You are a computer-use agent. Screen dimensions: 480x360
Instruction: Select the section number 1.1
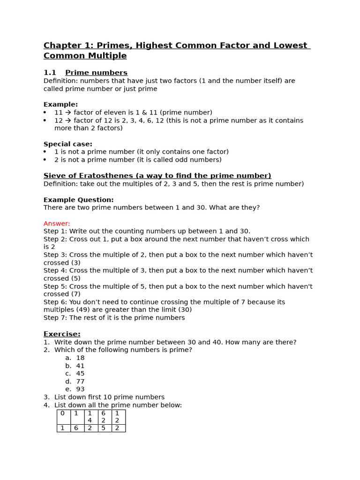tap(50, 73)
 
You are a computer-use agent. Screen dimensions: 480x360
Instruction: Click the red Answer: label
tap(57, 224)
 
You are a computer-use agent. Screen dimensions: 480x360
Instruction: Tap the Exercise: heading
tap(62, 334)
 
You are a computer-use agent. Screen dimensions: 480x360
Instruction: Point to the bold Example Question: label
tap(78, 200)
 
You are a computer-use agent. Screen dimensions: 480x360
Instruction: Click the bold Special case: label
tap(68, 144)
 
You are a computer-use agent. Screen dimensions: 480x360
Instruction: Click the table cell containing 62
tap(104, 417)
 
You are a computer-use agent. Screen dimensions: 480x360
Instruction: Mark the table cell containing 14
tap(90, 417)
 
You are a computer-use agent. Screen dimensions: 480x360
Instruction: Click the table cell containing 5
tap(104, 428)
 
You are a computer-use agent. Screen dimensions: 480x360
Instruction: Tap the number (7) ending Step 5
tap(75, 294)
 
